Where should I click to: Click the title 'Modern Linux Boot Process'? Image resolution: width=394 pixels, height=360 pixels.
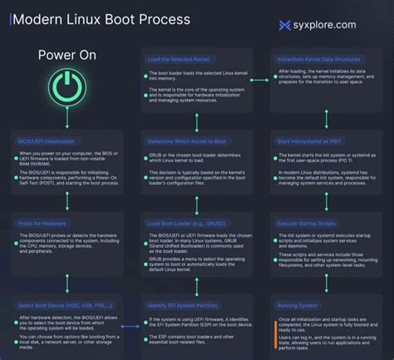101,18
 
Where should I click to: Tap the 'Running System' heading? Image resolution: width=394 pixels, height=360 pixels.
297,307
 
